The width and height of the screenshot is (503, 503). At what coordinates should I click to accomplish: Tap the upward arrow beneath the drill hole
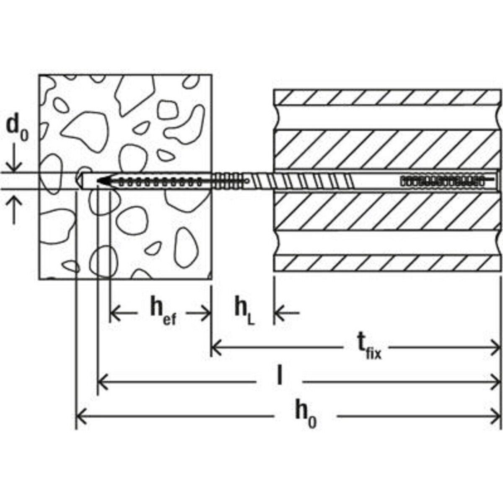click(14, 210)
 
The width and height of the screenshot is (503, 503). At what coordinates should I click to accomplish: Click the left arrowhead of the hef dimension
click(115, 312)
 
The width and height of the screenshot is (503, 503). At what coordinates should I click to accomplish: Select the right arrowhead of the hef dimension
click(206, 312)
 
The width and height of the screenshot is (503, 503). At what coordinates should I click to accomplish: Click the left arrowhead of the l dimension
click(103, 382)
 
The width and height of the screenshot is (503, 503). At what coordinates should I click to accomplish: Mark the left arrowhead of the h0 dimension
click(81, 416)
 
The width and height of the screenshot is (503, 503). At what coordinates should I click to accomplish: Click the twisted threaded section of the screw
click(303, 181)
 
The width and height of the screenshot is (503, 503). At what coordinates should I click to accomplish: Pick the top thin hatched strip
click(387, 97)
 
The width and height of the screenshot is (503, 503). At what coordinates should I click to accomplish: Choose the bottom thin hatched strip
click(387, 263)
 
